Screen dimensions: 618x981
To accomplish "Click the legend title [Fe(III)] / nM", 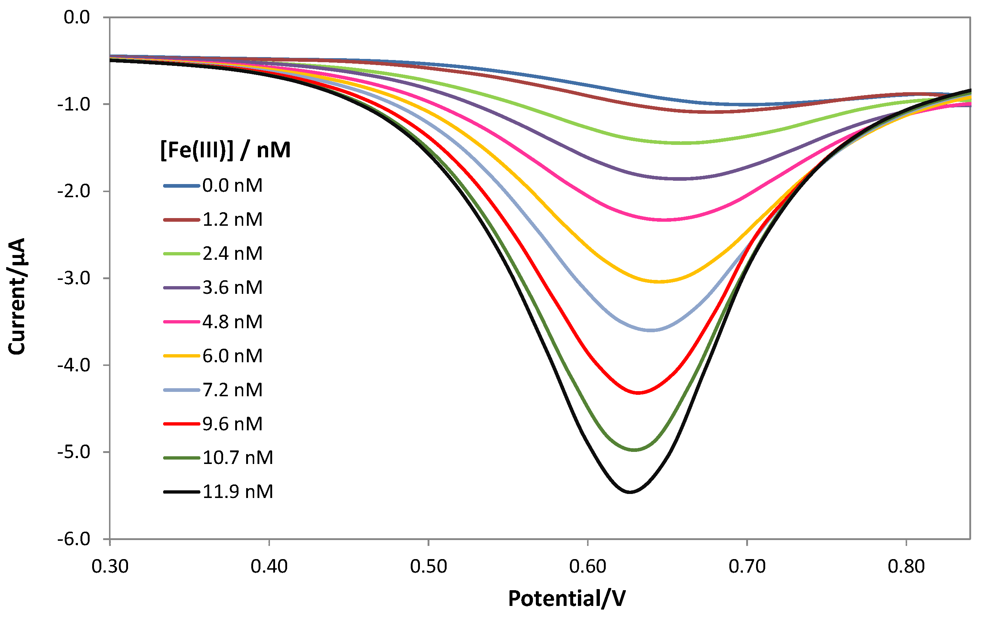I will coord(225,150).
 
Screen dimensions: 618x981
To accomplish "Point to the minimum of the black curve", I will coord(630,492).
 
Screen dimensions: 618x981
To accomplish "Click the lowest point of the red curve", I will coord(638,393).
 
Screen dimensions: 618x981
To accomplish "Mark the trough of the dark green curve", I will coord(635,450).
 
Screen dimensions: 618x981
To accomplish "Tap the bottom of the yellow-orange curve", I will coord(659,282).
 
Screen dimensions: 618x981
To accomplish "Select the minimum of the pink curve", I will coord(664,220).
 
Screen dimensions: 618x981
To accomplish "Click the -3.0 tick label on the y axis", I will coord(74,278).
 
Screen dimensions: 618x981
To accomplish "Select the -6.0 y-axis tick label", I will coord(74,539).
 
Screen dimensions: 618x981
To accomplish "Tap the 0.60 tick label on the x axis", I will coord(587,567).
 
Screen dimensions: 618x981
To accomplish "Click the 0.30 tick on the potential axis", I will coord(110,567).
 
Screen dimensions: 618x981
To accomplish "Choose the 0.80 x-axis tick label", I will coord(906,567).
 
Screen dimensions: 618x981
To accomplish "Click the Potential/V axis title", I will coord(567,599).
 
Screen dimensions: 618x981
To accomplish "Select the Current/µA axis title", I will coord(17,296).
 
